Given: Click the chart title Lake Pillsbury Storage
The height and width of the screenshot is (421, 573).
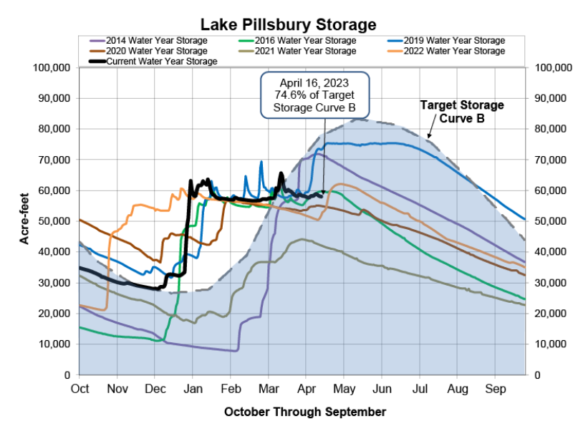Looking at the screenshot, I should [x=286, y=25].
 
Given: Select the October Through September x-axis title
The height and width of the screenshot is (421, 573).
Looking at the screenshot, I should [x=305, y=412].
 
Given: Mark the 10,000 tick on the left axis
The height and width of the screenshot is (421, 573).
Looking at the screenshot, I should [x=54, y=344].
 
